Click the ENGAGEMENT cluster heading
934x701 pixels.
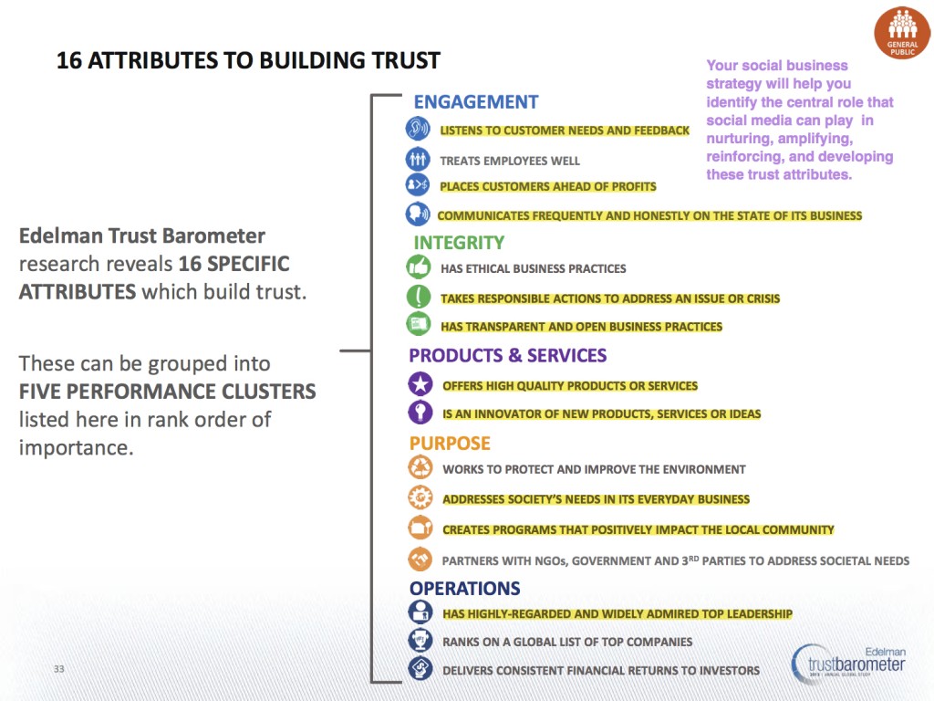point(475,102)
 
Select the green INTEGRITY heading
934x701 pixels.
point(459,243)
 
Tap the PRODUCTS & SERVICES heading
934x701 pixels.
point(507,355)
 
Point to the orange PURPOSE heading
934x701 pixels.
point(450,444)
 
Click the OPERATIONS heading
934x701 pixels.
point(464,589)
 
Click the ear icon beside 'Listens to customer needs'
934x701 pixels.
point(418,130)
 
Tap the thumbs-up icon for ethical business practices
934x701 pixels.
point(418,267)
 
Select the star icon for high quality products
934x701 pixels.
point(420,385)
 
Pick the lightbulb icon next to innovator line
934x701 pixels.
point(420,413)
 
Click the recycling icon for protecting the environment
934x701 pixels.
point(420,468)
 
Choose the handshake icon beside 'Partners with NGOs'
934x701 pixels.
point(420,560)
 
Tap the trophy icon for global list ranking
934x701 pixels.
point(420,641)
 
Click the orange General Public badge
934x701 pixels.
point(902,33)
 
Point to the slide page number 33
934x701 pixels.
point(59,670)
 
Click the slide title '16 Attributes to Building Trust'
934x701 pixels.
point(248,61)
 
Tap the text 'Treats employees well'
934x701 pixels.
point(510,161)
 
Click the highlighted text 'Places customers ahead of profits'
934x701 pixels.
point(548,187)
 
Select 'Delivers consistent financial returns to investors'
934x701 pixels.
point(601,670)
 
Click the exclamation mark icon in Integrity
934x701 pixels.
point(418,297)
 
